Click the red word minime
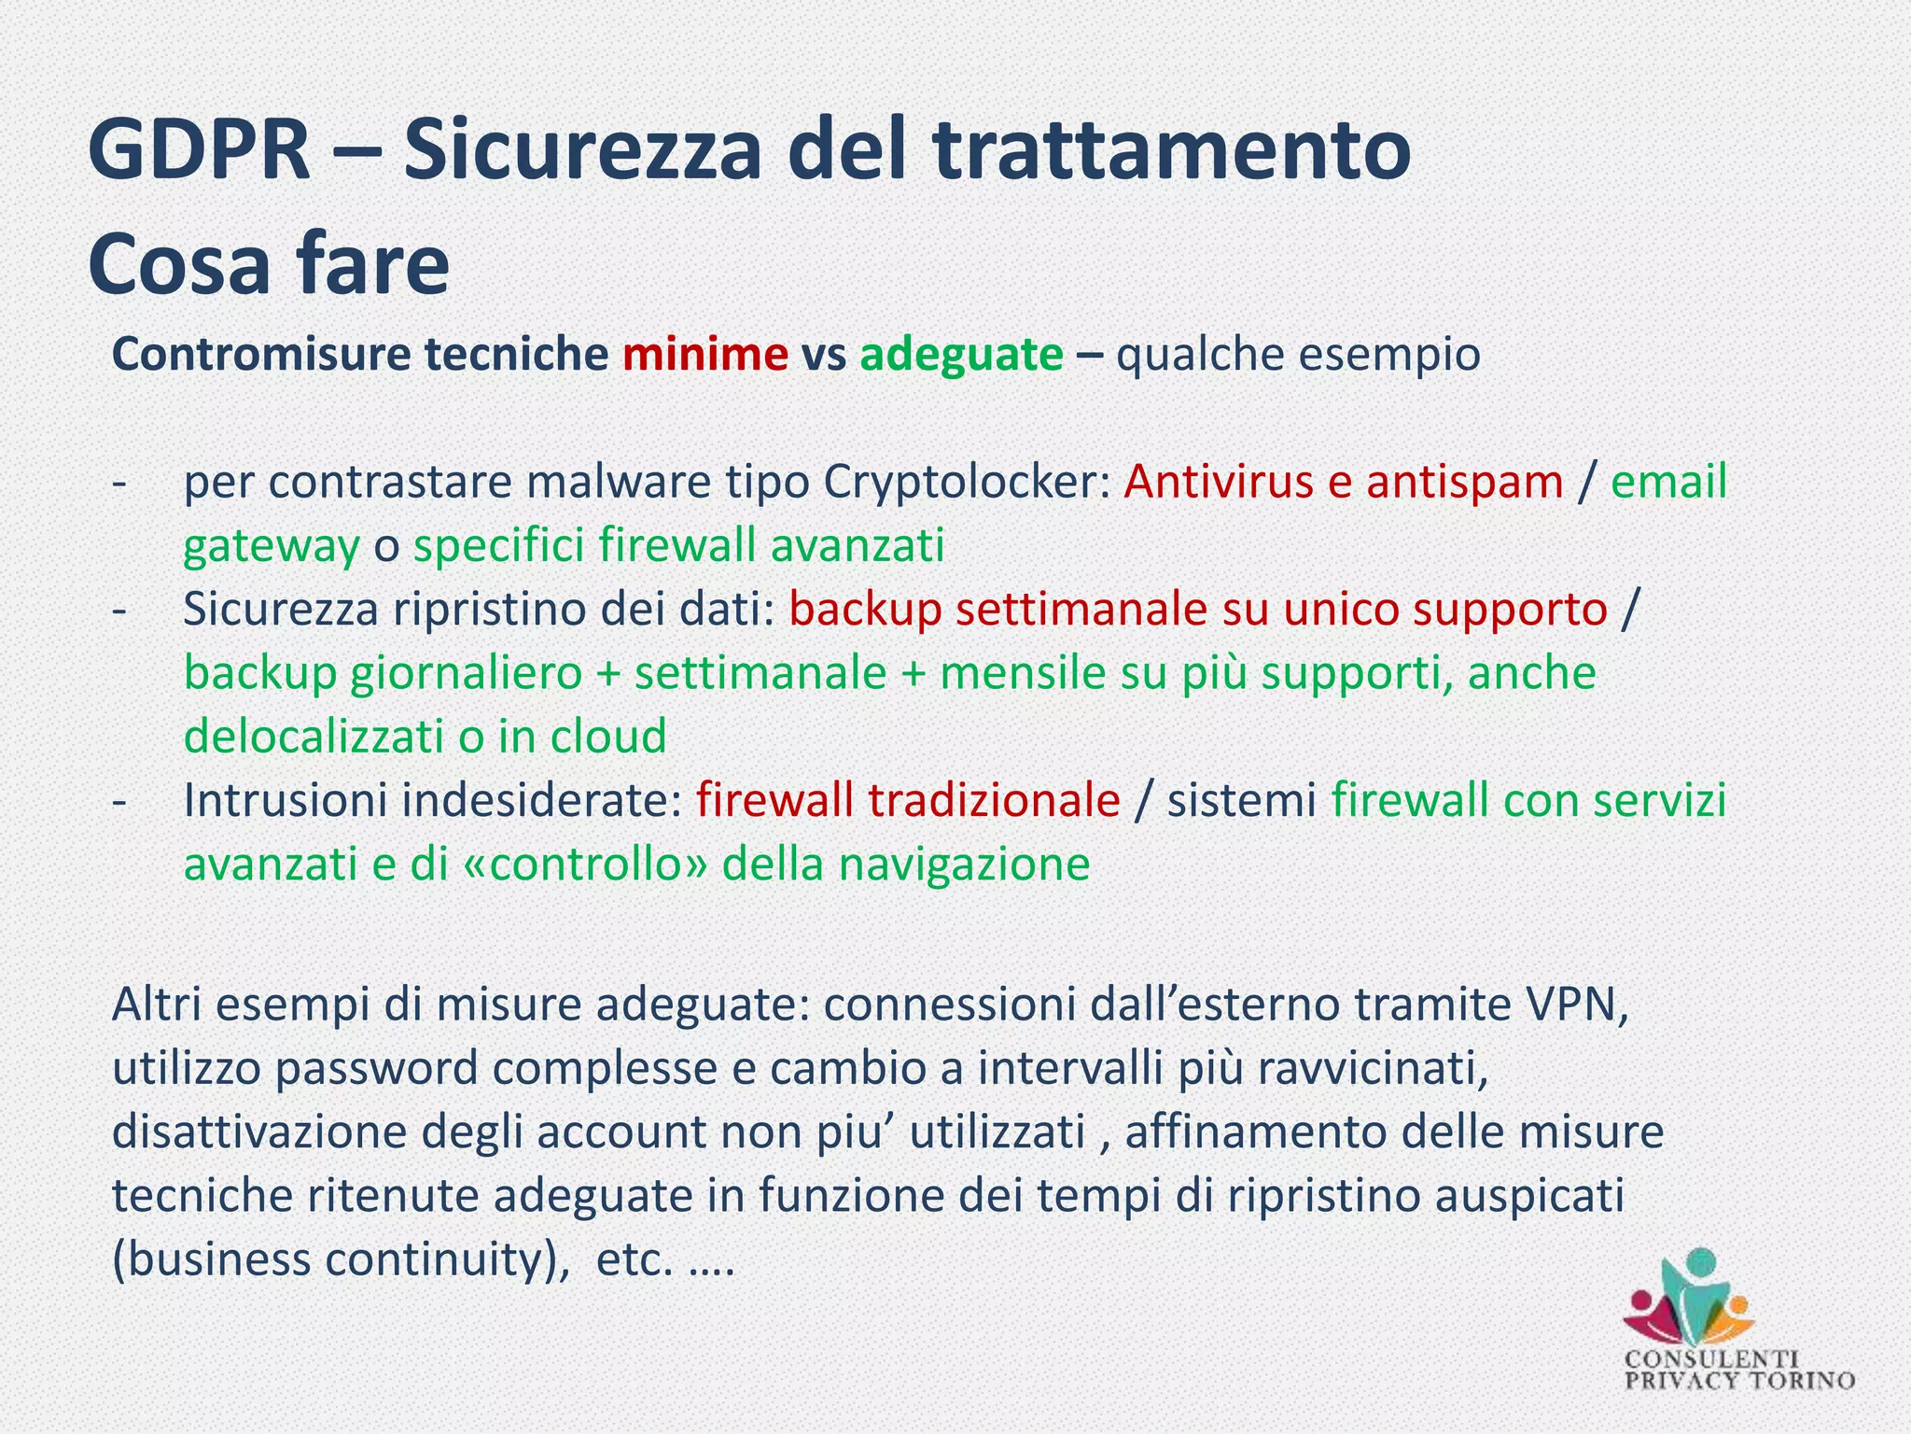point(704,355)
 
